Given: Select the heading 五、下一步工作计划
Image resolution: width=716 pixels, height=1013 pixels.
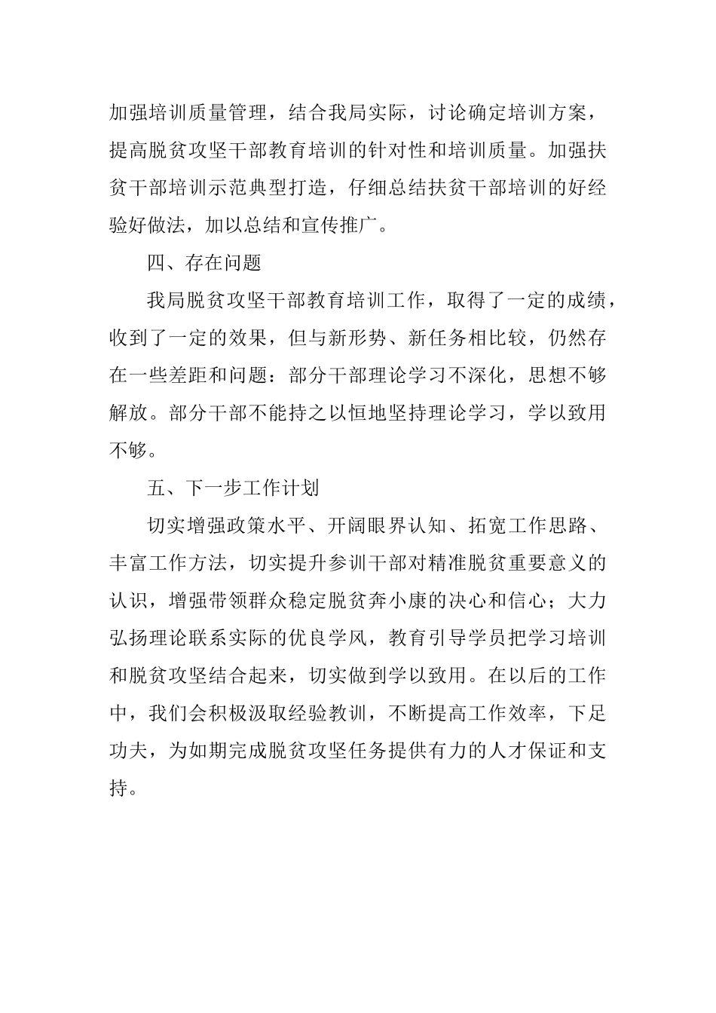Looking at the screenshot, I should pyautogui.click(x=233, y=488).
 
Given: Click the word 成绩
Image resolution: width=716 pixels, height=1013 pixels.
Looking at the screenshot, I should pyautogui.click(x=586, y=301).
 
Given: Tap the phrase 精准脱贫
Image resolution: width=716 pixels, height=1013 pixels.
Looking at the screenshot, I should pyautogui.click(x=448, y=563).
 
